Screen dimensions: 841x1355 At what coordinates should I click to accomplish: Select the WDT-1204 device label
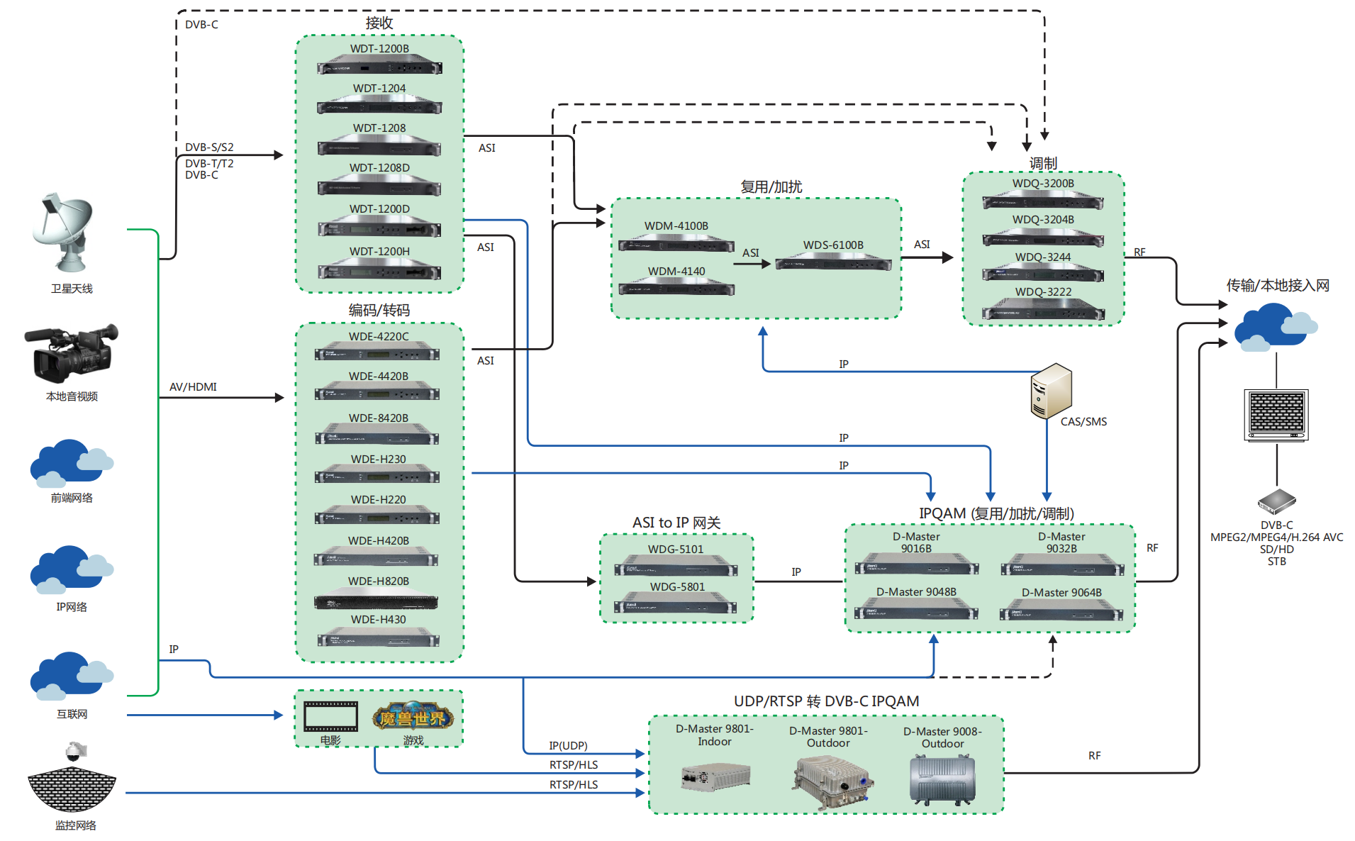[x=379, y=89]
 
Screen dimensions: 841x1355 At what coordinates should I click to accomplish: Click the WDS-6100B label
[x=833, y=245]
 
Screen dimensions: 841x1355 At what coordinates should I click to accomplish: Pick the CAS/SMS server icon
[x=1050, y=391]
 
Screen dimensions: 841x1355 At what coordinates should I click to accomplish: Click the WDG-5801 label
[x=677, y=587]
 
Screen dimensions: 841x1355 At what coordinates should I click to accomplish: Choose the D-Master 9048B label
[x=916, y=592]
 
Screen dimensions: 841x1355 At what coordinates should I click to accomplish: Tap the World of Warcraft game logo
[x=413, y=717]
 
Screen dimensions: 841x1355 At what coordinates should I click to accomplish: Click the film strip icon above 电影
[x=330, y=716]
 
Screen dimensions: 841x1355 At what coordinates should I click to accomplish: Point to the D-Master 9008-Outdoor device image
[x=942, y=780]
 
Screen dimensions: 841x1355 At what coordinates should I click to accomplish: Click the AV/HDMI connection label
[x=193, y=387]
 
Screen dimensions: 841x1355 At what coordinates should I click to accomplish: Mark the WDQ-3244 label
[x=1043, y=257]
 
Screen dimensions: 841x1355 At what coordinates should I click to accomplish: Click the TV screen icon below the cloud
[x=1276, y=414]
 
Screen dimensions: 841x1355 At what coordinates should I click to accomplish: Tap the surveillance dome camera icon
[x=75, y=751]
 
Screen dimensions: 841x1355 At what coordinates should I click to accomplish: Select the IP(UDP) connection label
[x=568, y=746]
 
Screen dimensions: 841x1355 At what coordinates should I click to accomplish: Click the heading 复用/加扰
[x=771, y=187]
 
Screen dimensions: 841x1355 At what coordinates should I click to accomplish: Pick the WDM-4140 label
[x=676, y=272]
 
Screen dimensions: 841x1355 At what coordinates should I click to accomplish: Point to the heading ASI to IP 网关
[x=676, y=523]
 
